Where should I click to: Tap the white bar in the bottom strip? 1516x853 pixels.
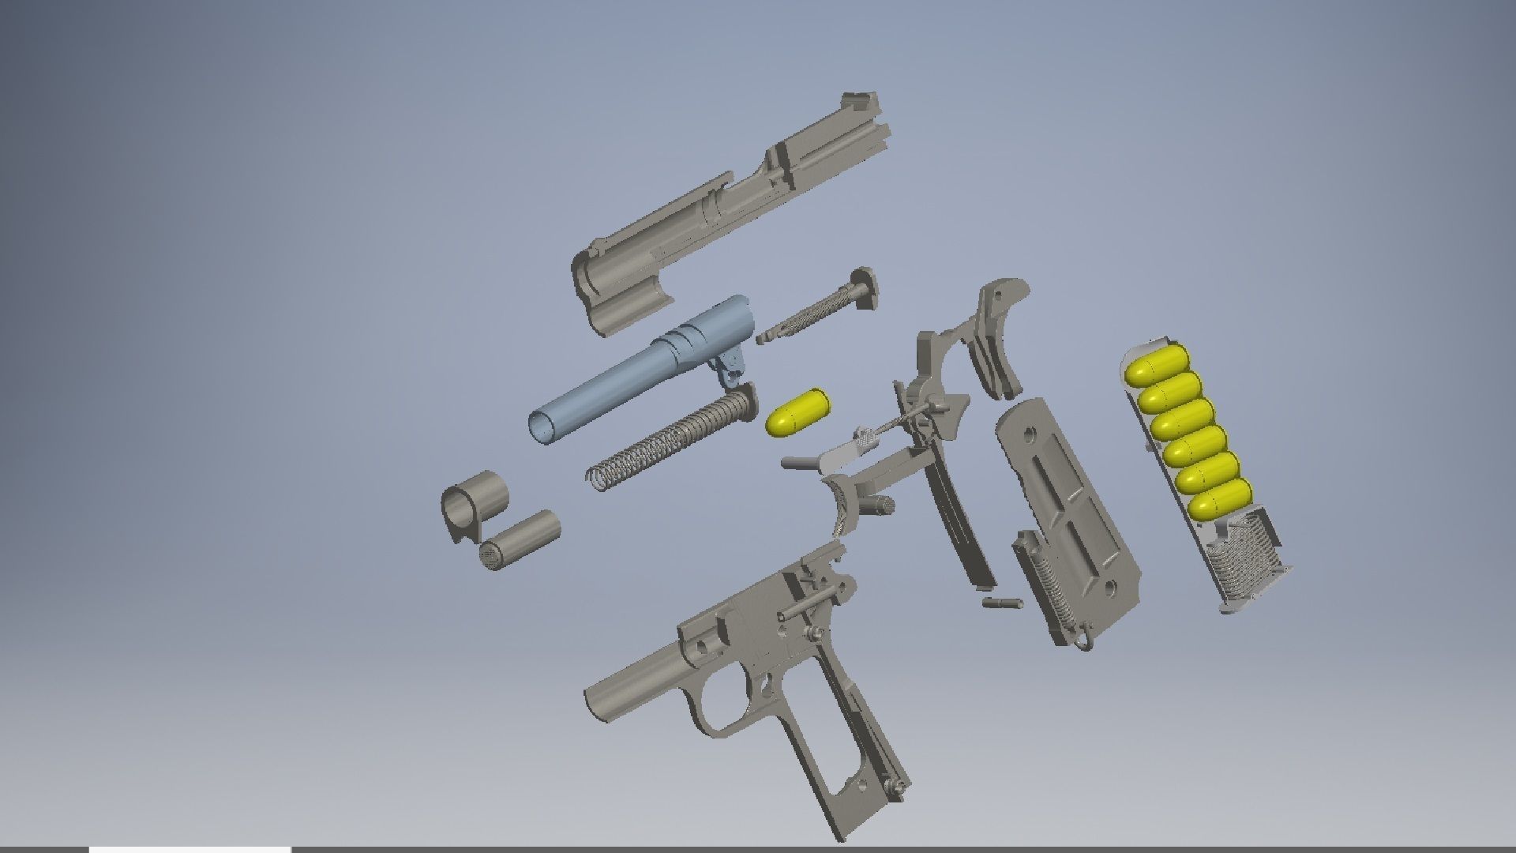click(x=189, y=849)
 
